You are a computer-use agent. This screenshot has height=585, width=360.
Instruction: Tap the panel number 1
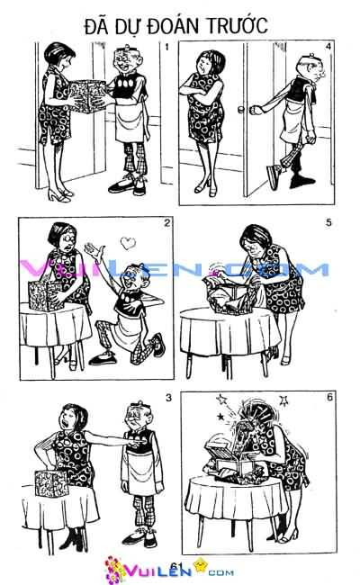166,47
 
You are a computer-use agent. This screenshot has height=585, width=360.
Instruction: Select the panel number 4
328,47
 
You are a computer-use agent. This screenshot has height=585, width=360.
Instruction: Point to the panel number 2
166,223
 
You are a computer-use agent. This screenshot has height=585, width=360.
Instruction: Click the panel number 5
328,222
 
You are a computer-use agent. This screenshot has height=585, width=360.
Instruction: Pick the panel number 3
168,398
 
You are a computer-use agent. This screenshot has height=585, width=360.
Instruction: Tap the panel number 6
329,397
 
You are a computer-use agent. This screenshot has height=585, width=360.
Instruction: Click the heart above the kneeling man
128,243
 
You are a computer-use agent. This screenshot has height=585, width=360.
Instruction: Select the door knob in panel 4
240,109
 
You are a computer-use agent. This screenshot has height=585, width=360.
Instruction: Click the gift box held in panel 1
87,95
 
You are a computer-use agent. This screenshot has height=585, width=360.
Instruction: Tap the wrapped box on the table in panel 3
51,483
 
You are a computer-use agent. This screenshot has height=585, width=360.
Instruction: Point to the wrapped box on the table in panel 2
45,295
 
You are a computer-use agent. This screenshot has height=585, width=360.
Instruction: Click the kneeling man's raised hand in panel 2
94,251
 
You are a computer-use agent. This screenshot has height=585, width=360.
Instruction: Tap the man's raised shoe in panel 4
273,176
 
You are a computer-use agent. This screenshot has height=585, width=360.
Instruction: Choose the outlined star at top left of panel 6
221,400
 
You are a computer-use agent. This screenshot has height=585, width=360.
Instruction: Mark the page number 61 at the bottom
175,566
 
